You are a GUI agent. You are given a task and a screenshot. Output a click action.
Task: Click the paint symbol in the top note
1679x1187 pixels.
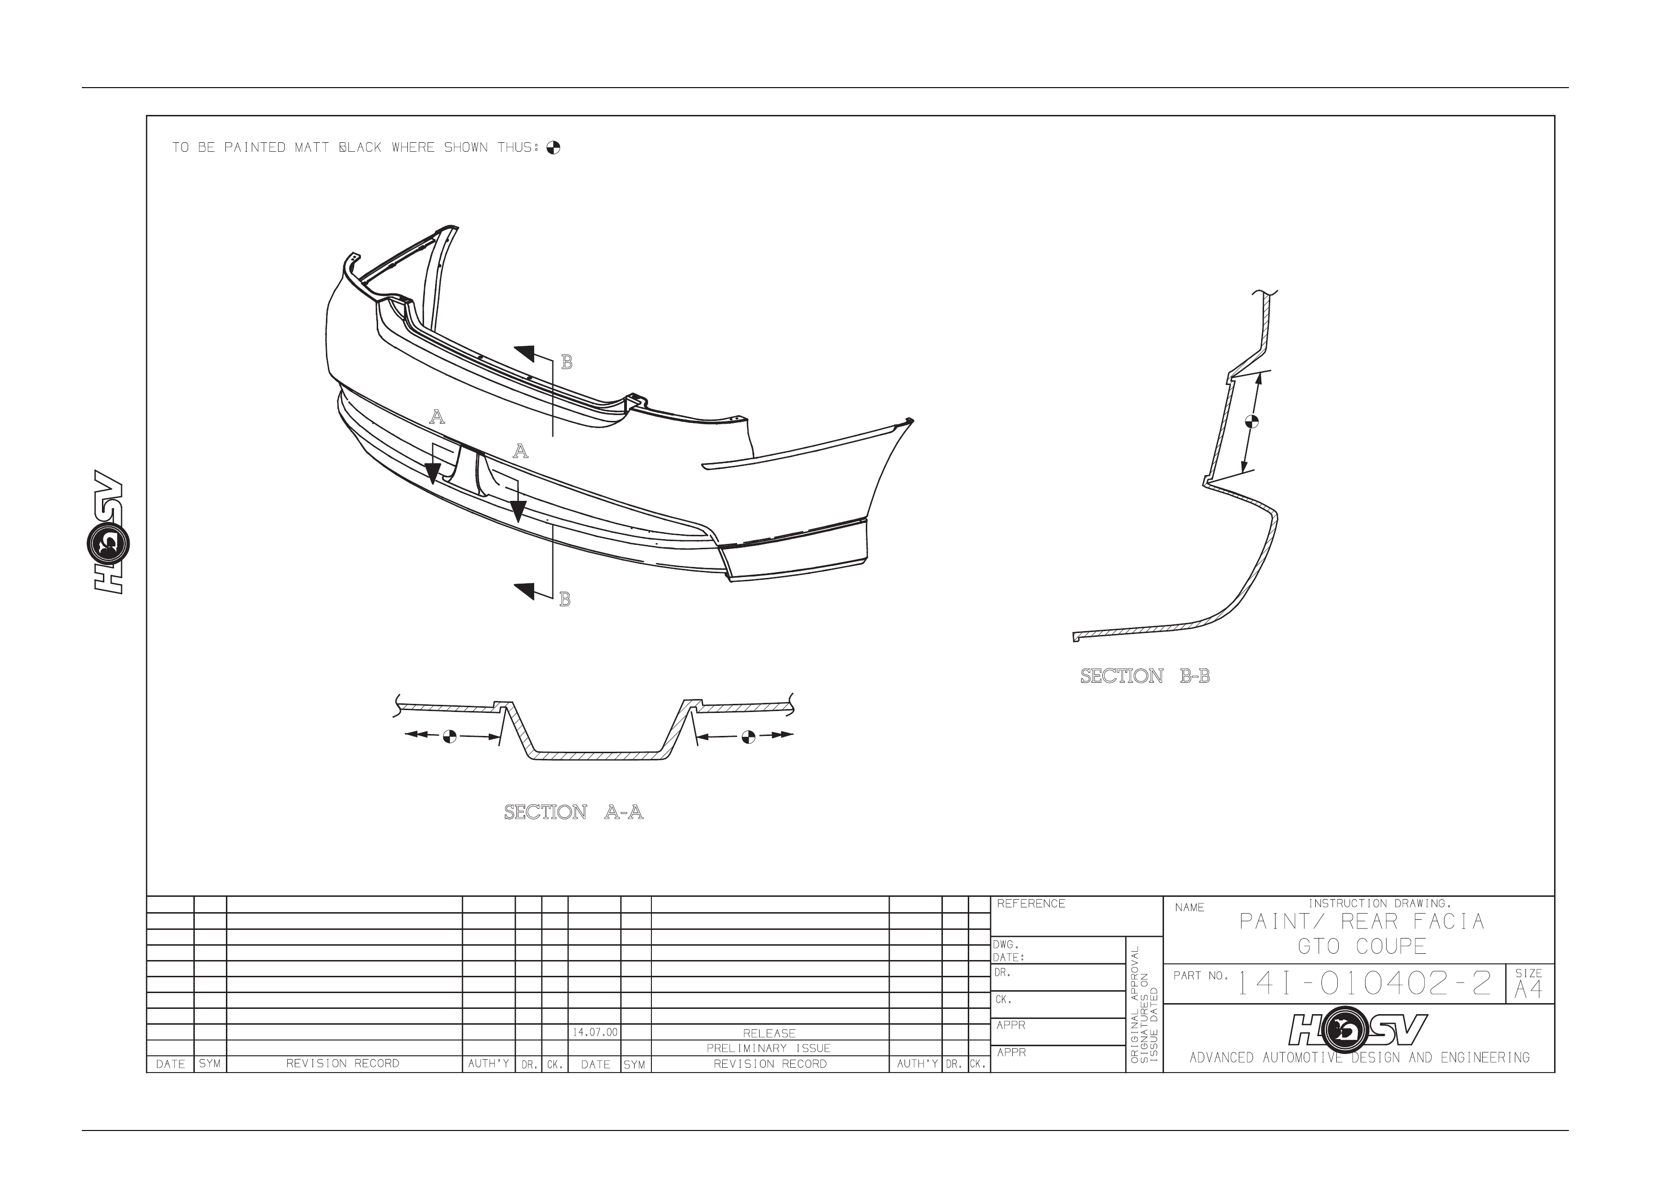tap(554, 148)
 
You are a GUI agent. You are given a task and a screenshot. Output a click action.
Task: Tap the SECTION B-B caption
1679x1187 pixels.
tap(1145, 677)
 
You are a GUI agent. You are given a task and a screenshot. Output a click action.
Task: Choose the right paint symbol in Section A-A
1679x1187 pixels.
tap(747, 736)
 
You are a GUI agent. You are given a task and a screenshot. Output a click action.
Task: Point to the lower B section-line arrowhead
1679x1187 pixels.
tap(525, 591)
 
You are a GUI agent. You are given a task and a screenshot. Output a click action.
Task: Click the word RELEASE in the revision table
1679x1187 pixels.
tap(769, 1033)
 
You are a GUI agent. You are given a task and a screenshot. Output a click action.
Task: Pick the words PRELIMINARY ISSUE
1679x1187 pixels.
tap(769, 1049)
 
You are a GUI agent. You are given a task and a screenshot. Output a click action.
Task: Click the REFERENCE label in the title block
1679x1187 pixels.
tap(1031, 904)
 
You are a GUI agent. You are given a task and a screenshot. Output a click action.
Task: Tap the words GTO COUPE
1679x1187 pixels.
tap(1362, 946)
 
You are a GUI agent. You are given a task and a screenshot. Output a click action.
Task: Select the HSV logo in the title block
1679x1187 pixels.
tap(1358, 1029)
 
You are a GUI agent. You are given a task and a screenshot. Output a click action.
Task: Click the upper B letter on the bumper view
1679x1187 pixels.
tap(566, 362)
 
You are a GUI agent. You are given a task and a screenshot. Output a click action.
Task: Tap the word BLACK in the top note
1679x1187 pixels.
tap(360, 148)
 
